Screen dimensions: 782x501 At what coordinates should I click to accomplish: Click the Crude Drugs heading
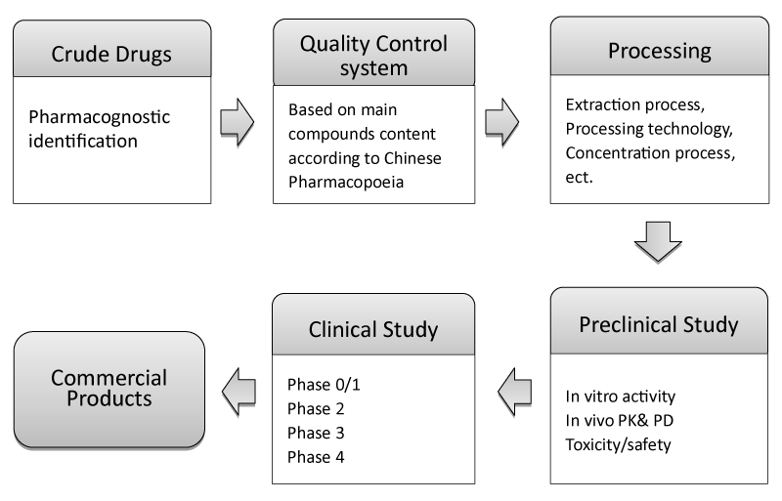(111, 54)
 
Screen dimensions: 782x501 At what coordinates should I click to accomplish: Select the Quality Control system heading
(373, 56)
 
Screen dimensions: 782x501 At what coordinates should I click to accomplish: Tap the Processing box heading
(659, 51)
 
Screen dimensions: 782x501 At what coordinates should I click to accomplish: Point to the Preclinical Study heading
(658, 324)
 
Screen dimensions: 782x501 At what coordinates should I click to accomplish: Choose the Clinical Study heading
(373, 329)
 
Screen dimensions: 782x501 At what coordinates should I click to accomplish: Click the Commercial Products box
(109, 390)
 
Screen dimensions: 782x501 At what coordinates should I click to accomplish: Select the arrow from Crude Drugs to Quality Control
(238, 122)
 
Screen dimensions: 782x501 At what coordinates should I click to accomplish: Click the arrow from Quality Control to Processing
(502, 122)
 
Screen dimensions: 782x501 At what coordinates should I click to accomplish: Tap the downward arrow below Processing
(658, 242)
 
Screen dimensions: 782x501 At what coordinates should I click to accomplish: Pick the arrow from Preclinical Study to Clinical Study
(515, 392)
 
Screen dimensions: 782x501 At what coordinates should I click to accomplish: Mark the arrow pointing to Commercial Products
(239, 392)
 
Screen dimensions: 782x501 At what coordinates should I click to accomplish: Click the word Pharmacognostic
(100, 117)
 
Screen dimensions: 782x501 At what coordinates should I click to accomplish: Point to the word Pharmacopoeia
(346, 183)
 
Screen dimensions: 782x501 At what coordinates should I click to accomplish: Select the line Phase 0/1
(324, 385)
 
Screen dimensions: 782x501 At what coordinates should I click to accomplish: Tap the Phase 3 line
(316, 433)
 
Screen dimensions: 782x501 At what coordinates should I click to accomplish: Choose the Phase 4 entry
(316, 457)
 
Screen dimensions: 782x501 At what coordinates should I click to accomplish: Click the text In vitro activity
(621, 397)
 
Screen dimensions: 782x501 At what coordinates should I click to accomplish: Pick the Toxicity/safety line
(618, 444)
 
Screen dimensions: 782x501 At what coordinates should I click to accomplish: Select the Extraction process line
(634, 104)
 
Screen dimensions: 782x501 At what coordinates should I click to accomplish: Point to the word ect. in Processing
(579, 178)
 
